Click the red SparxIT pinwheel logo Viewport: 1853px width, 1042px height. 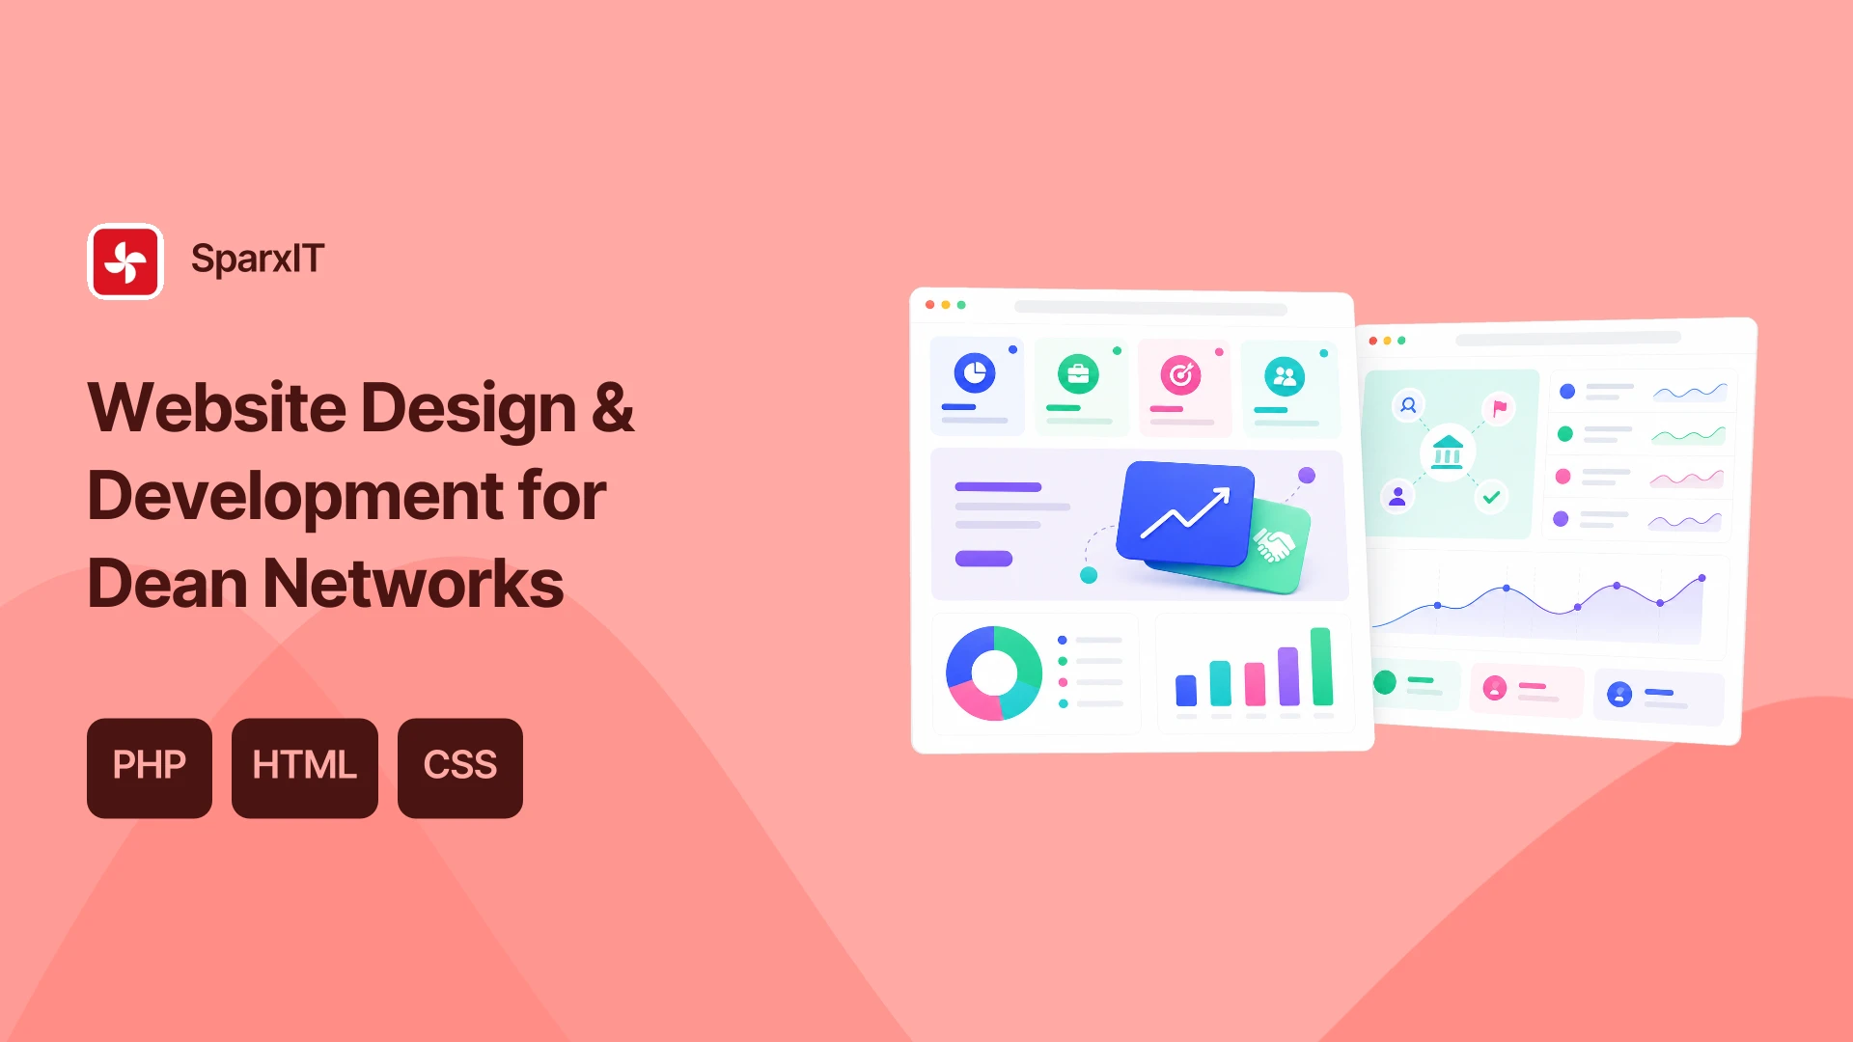point(125,261)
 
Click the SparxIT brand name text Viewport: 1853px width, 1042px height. point(258,259)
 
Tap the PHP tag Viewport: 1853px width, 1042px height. point(150,768)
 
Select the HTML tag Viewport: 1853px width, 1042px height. point(305,768)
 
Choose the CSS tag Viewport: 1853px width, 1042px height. point(460,768)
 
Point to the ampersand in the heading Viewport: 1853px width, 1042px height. point(613,406)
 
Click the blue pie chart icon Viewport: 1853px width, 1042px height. point(975,372)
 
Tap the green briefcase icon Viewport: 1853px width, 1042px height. point(1078,373)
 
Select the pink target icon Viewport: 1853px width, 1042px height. point(1180,375)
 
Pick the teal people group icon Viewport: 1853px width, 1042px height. point(1285,376)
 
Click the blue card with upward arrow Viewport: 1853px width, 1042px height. point(1185,513)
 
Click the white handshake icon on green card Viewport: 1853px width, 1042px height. point(1273,545)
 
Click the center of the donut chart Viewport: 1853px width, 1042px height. point(994,672)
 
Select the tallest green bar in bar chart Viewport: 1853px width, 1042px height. point(1321,667)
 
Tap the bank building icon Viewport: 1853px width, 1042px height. point(1448,451)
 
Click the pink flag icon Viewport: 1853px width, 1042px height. point(1500,408)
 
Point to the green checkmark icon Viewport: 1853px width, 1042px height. point(1492,497)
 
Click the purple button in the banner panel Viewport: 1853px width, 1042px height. point(983,559)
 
